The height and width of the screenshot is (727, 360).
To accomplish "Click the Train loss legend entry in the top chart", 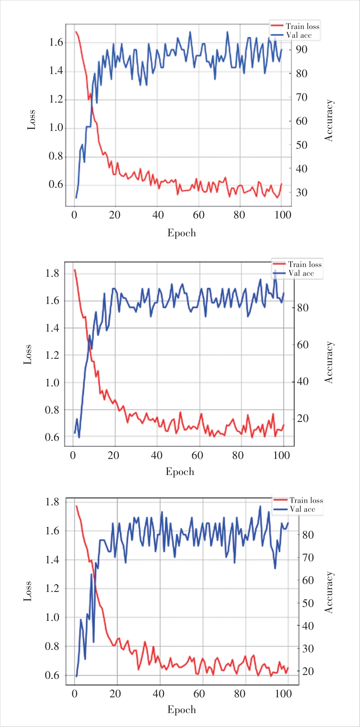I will coord(302,27).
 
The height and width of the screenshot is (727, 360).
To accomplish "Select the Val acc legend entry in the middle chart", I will coord(301,274).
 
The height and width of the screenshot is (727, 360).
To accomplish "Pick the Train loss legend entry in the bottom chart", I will coord(306,500).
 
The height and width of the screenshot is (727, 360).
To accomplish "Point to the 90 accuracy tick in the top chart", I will coord(301,50).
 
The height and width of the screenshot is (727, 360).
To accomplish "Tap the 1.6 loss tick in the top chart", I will coord(56,43).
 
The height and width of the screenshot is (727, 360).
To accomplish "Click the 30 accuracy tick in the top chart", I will coord(301,192).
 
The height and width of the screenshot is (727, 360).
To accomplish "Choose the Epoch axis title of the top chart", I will coord(182,233).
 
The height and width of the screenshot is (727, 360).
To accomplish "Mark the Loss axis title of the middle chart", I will coord(28,354).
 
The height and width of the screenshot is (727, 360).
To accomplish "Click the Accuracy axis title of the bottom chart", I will coord(329,592).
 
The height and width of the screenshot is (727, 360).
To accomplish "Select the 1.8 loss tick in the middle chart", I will coord(52,273).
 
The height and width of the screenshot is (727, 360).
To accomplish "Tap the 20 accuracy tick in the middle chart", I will coord(302,418).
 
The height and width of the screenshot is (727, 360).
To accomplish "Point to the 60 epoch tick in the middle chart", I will coord(197,455).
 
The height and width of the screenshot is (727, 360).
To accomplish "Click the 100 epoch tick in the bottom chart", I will coord(283,694).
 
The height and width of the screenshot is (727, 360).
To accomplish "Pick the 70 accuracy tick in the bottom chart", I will coord(308,558).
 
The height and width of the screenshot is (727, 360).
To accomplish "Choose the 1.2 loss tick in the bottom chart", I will coord(52,589).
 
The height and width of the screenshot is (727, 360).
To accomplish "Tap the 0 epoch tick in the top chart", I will coord(74,215).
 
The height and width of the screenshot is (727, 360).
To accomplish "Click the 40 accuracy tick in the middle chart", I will coord(302,381).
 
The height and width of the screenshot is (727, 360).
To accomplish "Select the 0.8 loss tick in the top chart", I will coord(56,156).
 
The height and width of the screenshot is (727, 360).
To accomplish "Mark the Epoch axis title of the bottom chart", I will coord(182,710).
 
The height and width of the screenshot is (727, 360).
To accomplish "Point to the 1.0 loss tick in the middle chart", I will coord(52,383).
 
